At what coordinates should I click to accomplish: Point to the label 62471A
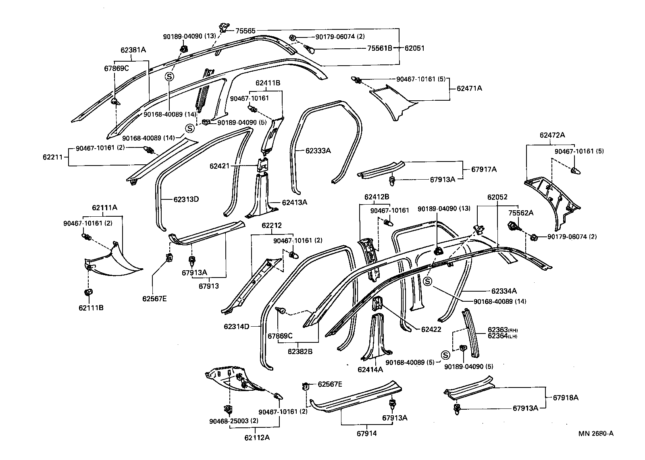coord(469,88)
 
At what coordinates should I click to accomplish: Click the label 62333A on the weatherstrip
coord(318,151)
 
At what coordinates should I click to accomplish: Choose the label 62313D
coord(186,199)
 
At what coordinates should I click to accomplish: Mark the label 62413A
coord(294,202)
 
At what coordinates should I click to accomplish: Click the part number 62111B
coord(91,308)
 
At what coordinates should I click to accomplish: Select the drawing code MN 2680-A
coord(596,433)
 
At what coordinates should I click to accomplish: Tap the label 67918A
coord(565,398)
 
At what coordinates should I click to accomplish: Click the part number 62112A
coord(257,437)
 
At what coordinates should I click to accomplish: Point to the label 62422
coord(431,329)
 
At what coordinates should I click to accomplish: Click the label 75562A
coord(520,213)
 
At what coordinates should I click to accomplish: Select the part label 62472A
coord(552,135)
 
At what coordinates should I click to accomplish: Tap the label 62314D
coord(237,326)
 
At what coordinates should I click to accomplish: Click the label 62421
coord(219,166)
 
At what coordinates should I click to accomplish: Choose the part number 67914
coord(367,433)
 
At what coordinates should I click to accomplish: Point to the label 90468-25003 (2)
coord(228,421)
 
